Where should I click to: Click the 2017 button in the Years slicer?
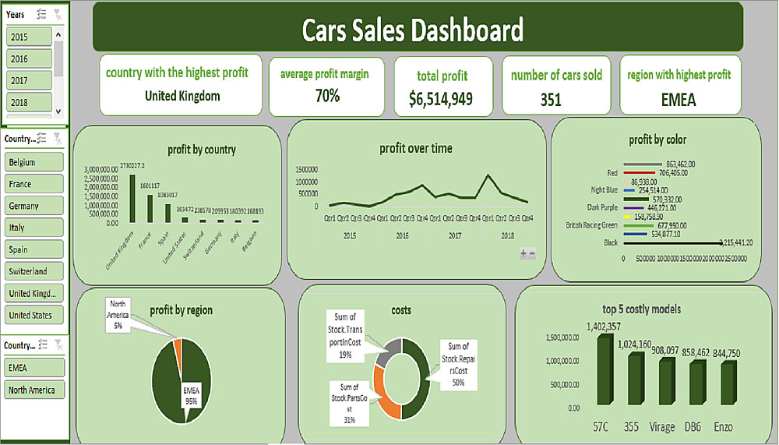[30, 80]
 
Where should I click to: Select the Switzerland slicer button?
[33, 271]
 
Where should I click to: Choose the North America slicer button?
[33, 390]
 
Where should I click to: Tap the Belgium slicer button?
[33, 162]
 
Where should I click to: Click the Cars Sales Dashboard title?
[412, 30]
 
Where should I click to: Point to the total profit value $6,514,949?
[441, 99]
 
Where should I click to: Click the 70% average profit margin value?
[326, 96]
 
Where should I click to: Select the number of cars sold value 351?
[551, 100]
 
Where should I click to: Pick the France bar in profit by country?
[150, 208]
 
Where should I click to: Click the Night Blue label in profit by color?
[604, 189]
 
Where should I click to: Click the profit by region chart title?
[180, 310]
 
